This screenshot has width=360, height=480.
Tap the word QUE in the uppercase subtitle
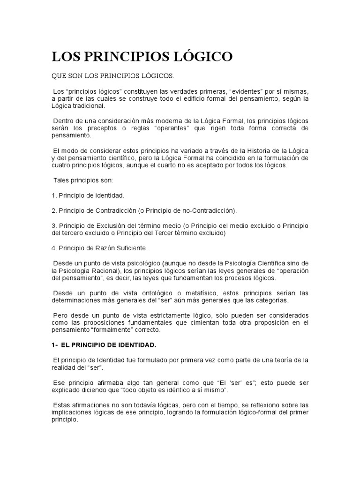tap(58, 76)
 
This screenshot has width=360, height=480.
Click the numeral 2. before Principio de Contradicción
tap(54, 210)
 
